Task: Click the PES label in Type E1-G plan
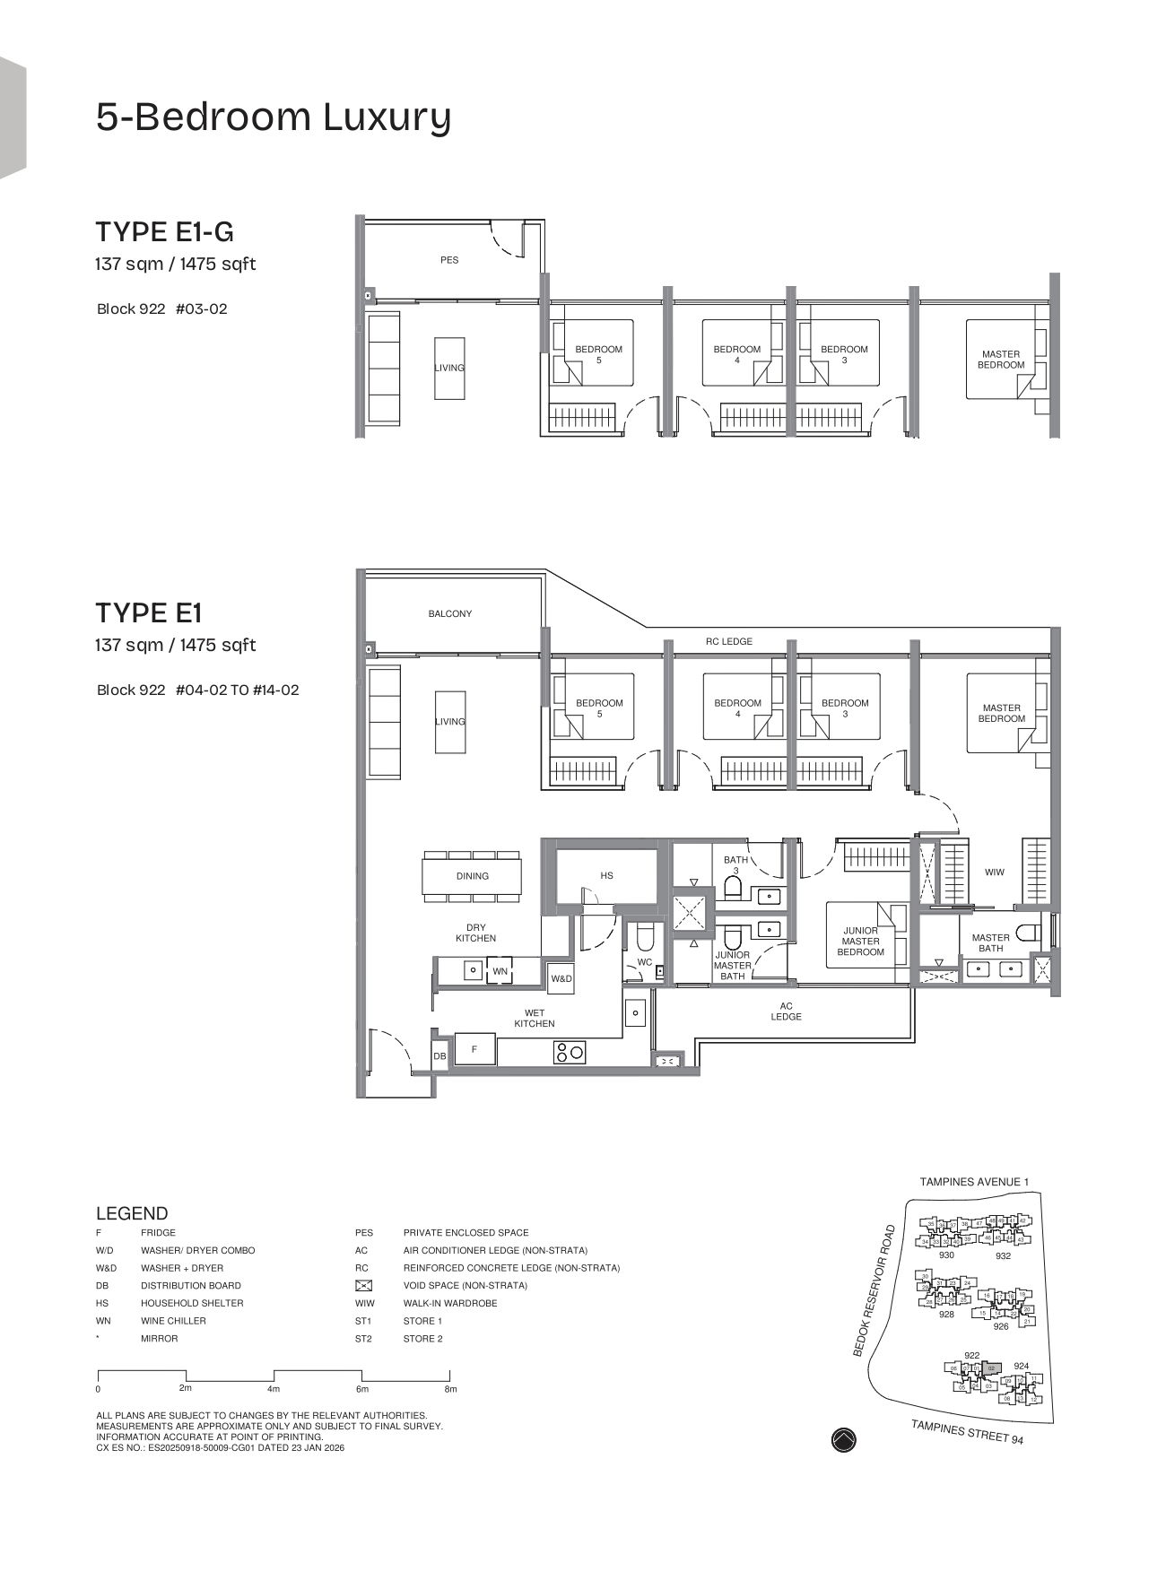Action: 449,260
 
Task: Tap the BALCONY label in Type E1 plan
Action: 449,614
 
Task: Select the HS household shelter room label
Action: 607,875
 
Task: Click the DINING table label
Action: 473,876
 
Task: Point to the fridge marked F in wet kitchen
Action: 474,1048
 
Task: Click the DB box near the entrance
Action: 439,1057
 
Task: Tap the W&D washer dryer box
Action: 561,979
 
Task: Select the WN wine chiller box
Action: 500,971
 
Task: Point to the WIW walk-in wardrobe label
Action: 995,873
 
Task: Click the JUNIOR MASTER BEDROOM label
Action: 860,942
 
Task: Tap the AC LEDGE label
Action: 786,1012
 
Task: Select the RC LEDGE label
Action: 728,642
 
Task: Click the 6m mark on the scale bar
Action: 362,1389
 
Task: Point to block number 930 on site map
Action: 946,1255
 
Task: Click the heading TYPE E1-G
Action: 164,232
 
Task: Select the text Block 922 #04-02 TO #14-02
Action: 198,690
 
